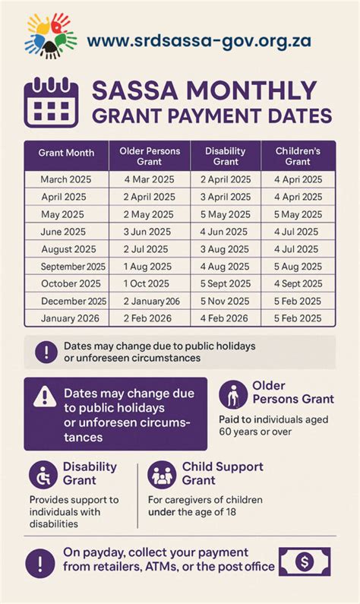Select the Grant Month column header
pos(66,153)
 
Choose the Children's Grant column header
pos(298,156)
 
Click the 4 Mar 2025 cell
pos(150,179)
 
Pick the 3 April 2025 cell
pos(226,196)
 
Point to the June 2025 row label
pos(63,232)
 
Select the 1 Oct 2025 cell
pos(150,284)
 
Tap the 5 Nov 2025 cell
pos(226,302)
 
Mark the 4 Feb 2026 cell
pos(226,318)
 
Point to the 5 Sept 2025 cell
pos(226,284)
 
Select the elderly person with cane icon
pos(233,394)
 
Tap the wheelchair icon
pos(43,475)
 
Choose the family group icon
pos(162,475)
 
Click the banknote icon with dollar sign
pos(303,563)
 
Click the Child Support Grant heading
pos(223,473)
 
